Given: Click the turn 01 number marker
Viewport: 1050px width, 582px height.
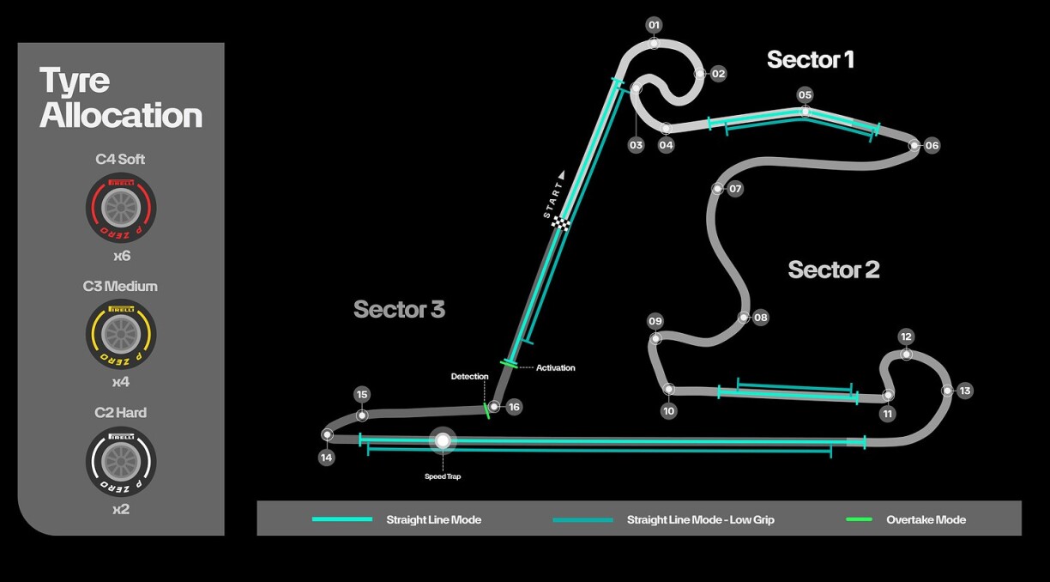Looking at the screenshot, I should click(x=654, y=25).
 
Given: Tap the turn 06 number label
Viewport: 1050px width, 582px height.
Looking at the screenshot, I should click(x=932, y=146).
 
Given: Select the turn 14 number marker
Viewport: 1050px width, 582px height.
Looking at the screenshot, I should click(x=326, y=458).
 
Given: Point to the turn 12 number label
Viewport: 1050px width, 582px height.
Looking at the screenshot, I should click(x=906, y=336).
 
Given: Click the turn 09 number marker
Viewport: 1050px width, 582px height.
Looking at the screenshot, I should click(x=655, y=322).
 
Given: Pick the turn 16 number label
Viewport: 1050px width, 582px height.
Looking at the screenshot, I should click(x=514, y=407).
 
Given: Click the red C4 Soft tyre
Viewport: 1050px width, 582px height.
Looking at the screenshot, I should click(x=120, y=208).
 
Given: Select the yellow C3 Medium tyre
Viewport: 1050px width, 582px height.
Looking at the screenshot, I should click(x=120, y=334).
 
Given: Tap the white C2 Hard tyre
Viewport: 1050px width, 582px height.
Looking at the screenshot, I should click(x=120, y=461).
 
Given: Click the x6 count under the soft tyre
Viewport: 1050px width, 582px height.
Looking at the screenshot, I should click(x=120, y=256).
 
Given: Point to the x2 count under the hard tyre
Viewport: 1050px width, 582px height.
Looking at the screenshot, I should click(x=120, y=509).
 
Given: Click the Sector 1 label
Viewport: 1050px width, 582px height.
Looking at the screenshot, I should click(x=810, y=59).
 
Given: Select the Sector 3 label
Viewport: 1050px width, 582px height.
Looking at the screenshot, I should click(x=399, y=309).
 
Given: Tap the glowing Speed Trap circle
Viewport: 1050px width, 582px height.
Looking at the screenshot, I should click(x=443, y=441).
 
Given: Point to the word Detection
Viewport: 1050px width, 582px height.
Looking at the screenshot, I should click(x=469, y=377).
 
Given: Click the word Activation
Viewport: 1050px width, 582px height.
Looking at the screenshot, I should click(x=556, y=368).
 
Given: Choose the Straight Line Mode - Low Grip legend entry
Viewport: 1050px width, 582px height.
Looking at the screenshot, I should click(x=700, y=519).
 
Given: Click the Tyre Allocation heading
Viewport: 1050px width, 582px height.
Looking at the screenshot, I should click(x=120, y=98).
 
